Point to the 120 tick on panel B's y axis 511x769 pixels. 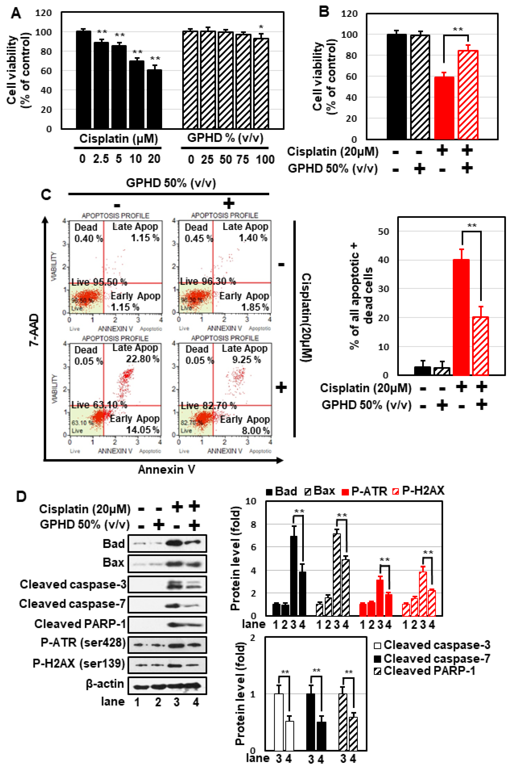[349, 14]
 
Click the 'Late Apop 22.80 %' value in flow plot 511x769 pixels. [142, 359]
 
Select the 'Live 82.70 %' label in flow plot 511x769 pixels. [209, 406]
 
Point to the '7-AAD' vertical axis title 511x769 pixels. [34, 330]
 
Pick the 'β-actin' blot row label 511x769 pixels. [105, 684]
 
